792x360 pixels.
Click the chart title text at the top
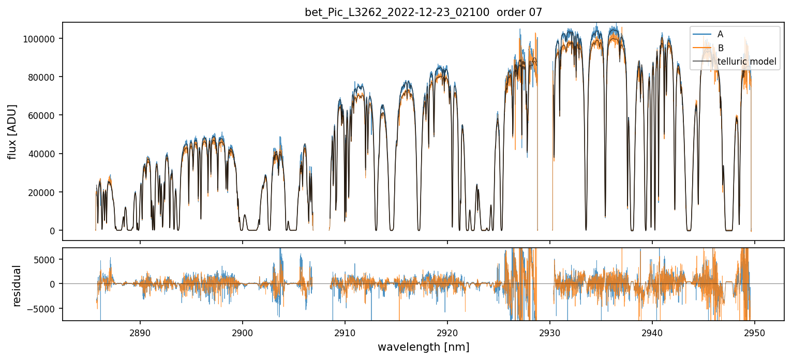[423, 12]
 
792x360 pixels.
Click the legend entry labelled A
[720, 34]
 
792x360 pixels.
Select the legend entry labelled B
[720, 48]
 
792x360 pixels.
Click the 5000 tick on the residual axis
[49, 260]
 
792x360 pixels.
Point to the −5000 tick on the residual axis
[47, 308]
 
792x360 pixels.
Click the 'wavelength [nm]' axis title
[423, 347]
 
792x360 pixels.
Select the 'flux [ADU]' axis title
[12, 131]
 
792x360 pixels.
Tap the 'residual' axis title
[17, 286]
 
